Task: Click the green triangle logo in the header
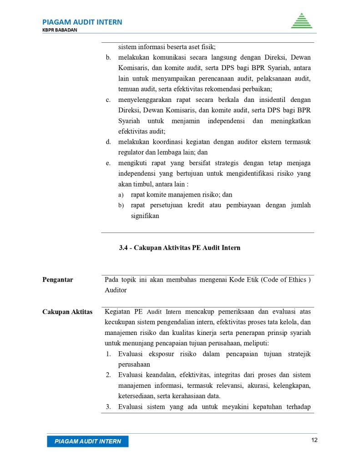302,21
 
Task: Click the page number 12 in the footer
314,440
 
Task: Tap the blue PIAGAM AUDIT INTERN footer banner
88,441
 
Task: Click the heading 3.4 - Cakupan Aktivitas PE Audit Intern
179,248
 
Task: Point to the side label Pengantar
58,280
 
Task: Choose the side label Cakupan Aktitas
67,312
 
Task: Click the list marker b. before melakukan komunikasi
109,58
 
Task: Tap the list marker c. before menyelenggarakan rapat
109,100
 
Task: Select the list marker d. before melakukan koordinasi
109,142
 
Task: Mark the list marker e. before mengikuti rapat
109,163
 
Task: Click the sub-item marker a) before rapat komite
121,195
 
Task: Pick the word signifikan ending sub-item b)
145,216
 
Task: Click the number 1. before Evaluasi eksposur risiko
109,354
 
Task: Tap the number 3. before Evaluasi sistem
109,407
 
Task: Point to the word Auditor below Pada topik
116,290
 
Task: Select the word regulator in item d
132,152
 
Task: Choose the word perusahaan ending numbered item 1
134,365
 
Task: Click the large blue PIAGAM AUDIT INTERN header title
82,22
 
